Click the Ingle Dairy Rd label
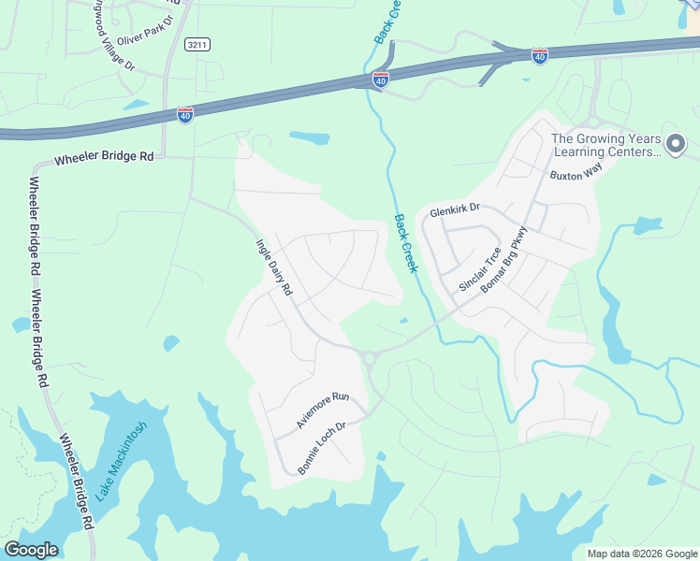[x=274, y=267]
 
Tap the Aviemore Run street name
[x=322, y=410]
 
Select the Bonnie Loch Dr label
[x=322, y=448]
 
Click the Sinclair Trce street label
[x=480, y=268]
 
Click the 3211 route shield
[x=197, y=44]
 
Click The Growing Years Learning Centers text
[x=605, y=145]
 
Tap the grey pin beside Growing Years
[x=678, y=144]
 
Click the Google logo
[x=31, y=550]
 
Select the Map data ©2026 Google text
[x=642, y=554]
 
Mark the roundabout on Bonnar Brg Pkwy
[x=369, y=357]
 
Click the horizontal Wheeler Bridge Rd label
[x=103, y=158]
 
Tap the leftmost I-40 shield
[x=185, y=114]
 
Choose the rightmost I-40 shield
[x=539, y=56]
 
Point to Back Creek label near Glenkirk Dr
[x=404, y=244]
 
